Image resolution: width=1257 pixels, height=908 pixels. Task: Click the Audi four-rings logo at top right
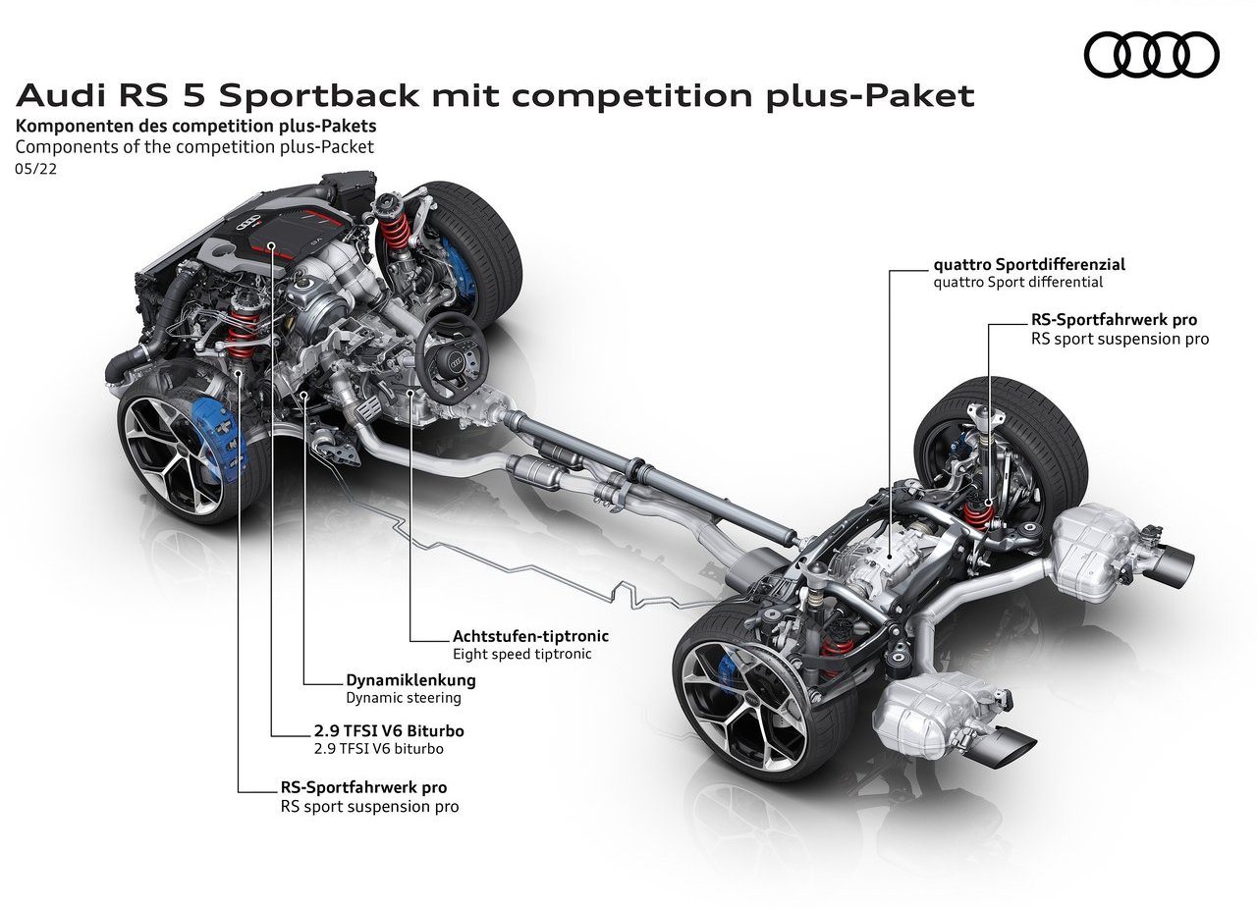pyautogui.click(x=1152, y=55)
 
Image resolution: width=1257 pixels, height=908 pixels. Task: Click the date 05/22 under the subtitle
pyautogui.click(x=36, y=169)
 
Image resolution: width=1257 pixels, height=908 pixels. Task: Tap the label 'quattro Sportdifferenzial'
pyautogui.click(x=1029, y=264)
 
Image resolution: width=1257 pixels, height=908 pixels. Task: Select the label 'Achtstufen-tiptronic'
pyautogui.click(x=530, y=636)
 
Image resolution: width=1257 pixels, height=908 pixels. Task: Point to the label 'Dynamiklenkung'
pyautogui.click(x=410, y=680)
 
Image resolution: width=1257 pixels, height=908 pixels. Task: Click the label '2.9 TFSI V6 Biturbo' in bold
pyautogui.click(x=389, y=730)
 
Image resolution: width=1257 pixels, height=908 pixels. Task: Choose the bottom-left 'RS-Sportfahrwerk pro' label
pyautogui.click(x=363, y=787)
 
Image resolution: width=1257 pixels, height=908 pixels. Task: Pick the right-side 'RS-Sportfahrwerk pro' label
pyautogui.click(x=1114, y=320)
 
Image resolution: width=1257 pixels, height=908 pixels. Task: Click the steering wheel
pyautogui.click(x=453, y=356)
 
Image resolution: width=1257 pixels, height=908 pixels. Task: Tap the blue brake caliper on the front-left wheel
pyautogui.click(x=220, y=432)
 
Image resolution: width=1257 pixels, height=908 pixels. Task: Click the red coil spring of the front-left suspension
pyautogui.click(x=243, y=335)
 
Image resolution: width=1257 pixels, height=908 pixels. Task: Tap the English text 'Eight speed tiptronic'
pyautogui.click(x=521, y=654)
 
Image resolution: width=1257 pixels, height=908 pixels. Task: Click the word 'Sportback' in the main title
pyautogui.click(x=319, y=96)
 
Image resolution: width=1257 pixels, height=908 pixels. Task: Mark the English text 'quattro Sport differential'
pyautogui.click(x=1018, y=282)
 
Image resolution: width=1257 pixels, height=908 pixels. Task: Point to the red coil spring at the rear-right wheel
pyautogui.click(x=979, y=516)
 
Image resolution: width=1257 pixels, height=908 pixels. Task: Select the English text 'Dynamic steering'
pyautogui.click(x=404, y=698)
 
